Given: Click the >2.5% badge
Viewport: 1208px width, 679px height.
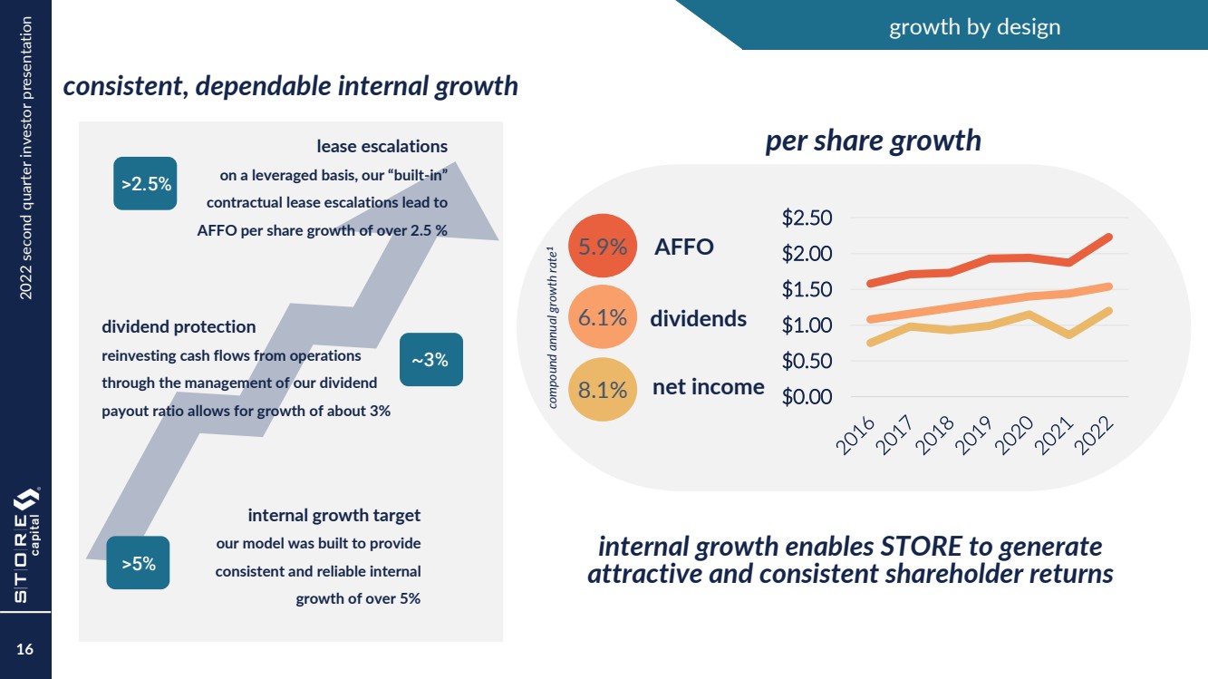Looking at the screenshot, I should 145,184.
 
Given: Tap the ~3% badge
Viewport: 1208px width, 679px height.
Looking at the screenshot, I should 430,360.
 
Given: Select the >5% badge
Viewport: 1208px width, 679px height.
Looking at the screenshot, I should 138,563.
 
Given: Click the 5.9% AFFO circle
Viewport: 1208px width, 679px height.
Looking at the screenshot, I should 603,247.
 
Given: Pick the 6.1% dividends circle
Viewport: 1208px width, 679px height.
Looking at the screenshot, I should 603,317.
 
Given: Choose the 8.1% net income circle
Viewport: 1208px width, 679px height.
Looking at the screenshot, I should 603,389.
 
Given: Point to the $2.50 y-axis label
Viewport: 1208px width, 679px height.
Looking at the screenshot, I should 807,218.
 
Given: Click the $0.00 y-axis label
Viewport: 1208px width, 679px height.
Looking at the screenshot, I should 807,397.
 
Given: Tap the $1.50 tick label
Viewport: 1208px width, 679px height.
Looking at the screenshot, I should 807,290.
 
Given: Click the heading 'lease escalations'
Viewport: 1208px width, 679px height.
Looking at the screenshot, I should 382,146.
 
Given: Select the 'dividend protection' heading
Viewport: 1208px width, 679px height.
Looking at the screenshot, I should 179,326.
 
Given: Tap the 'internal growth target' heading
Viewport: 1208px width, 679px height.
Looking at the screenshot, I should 333,516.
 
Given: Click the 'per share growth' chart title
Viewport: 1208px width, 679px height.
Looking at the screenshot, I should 873,141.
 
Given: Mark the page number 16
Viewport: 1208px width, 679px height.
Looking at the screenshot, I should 24,650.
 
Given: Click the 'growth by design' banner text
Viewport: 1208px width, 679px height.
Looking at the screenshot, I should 974,27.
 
